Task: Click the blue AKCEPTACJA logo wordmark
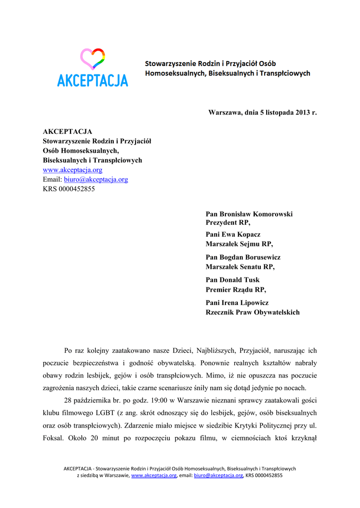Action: (92, 80)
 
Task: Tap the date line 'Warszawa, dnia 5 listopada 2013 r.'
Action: (262, 113)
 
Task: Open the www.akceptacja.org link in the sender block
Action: (72, 170)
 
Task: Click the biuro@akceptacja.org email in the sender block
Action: (96, 179)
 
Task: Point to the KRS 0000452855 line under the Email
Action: (69, 189)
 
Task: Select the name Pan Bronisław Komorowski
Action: (249, 214)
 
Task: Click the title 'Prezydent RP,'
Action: (228, 223)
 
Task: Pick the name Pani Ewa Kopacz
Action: (233, 234)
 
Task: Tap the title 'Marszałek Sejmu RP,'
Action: (239, 244)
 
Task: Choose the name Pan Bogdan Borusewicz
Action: (243, 257)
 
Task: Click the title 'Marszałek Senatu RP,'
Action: (240, 266)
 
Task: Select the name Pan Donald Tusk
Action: (232, 280)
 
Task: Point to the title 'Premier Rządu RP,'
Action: (236, 289)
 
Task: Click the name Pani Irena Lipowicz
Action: (237, 303)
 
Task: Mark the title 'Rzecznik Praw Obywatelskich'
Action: (252, 312)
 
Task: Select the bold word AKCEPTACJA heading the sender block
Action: (68, 131)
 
